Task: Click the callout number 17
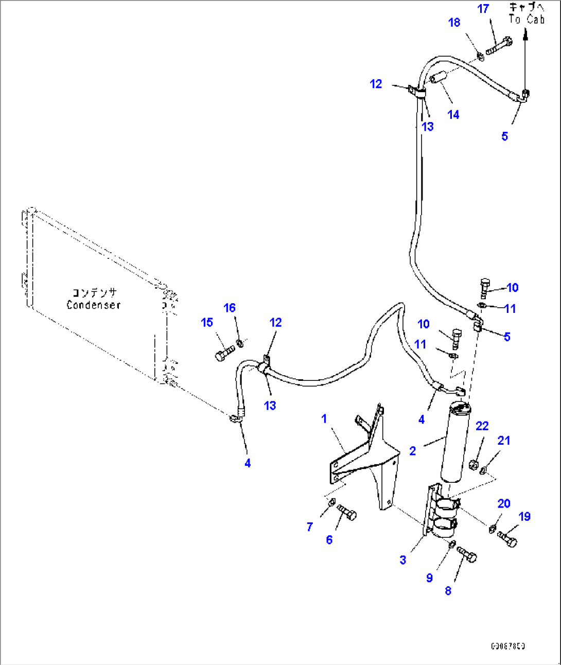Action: pyautogui.click(x=483, y=9)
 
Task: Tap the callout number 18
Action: pyautogui.click(x=454, y=23)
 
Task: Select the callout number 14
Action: pyautogui.click(x=453, y=115)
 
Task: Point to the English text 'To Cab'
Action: pyautogui.click(x=527, y=20)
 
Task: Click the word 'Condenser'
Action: pyautogui.click(x=94, y=305)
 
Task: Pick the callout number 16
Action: pyautogui.click(x=230, y=308)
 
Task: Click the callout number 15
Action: pyautogui.click(x=207, y=322)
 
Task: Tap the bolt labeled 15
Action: pyautogui.click(x=223, y=354)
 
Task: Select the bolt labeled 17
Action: pyautogui.click(x=498, y=45)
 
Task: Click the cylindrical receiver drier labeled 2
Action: pyautogui.click(x=455, y=443)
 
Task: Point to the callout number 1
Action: pyautogui.click(x=324, y=418)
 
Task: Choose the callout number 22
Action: pyautogui.click(x=482, y=426)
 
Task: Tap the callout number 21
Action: pyautogui.click(x=504, y=440)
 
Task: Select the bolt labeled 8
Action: pyautogui.click(x=466, y=555)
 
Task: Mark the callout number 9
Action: pyautogui.click(x=429, y=577)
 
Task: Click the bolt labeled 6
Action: pyautogui.click(x=347, y=513)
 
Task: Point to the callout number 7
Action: pyautogui.click(x=309, y=527)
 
